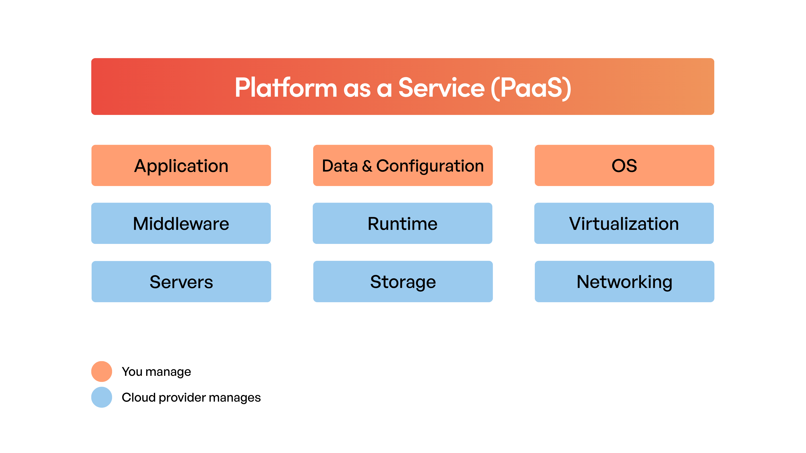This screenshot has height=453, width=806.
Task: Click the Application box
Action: pos(181,165)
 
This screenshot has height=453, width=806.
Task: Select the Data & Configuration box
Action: pos(403,165)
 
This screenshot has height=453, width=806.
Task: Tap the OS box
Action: pos(624,165)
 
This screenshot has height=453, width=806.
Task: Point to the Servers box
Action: pos(181,281)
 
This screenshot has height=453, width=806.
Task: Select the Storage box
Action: pos(403,281)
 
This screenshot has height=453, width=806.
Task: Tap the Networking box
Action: pos(624,281)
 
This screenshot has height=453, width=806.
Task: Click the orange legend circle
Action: pos(102,371)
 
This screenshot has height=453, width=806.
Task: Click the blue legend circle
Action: pos(102,397)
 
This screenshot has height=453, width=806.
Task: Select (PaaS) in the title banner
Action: pos(531,88)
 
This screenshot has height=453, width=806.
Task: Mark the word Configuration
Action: pos(430,166)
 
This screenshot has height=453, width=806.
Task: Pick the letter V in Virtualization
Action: pos(575,224)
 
